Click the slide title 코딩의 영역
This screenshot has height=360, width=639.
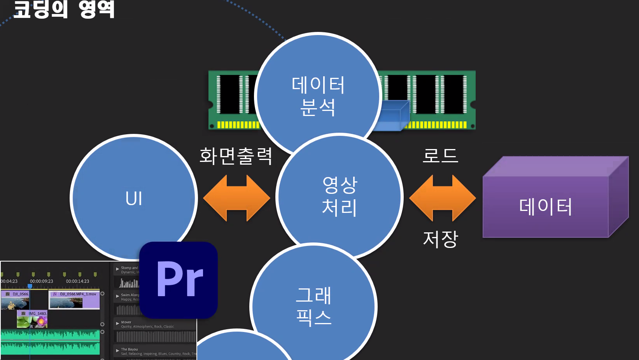click(64, 9)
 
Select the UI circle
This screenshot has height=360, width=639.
click(134, 198)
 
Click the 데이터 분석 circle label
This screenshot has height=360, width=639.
click(318, 96)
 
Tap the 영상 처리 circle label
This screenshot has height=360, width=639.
click(339, 196)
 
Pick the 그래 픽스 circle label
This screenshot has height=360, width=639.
click(313, 306)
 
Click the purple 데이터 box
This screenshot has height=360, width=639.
click(545, 206)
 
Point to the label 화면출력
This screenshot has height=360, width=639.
click(236, 156)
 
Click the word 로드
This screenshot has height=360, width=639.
click(440, 156)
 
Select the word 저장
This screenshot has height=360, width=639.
click(440, 239)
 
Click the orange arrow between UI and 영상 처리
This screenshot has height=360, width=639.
click(236, 198)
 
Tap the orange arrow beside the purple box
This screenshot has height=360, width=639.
click(442, 198)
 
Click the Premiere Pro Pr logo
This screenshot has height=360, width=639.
click(179, 280)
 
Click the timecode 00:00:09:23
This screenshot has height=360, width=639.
click(42, 281)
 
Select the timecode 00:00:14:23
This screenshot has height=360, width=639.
click(77, 281)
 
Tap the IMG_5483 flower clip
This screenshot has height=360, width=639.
click(32, 320)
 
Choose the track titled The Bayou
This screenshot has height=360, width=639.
click(130, 349)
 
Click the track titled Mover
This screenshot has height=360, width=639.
click(126, 322)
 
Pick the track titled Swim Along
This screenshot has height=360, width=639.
click(130, 295)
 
